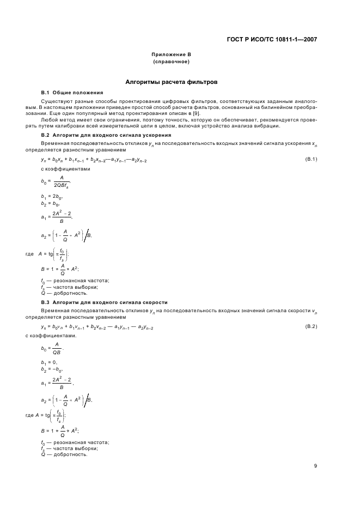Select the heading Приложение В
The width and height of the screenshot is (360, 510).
coord(171,55)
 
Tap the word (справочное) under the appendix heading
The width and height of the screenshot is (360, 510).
coord(171,62)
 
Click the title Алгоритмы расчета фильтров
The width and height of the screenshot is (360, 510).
coord(171,82)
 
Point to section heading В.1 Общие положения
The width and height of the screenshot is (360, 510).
coord(72,93)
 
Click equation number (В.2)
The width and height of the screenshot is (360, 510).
coord(311,327)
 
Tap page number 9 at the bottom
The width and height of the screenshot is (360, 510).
coord(315,465)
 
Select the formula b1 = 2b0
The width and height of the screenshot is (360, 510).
coord(52,196)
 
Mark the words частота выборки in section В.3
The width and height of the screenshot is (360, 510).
coord(76,448)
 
